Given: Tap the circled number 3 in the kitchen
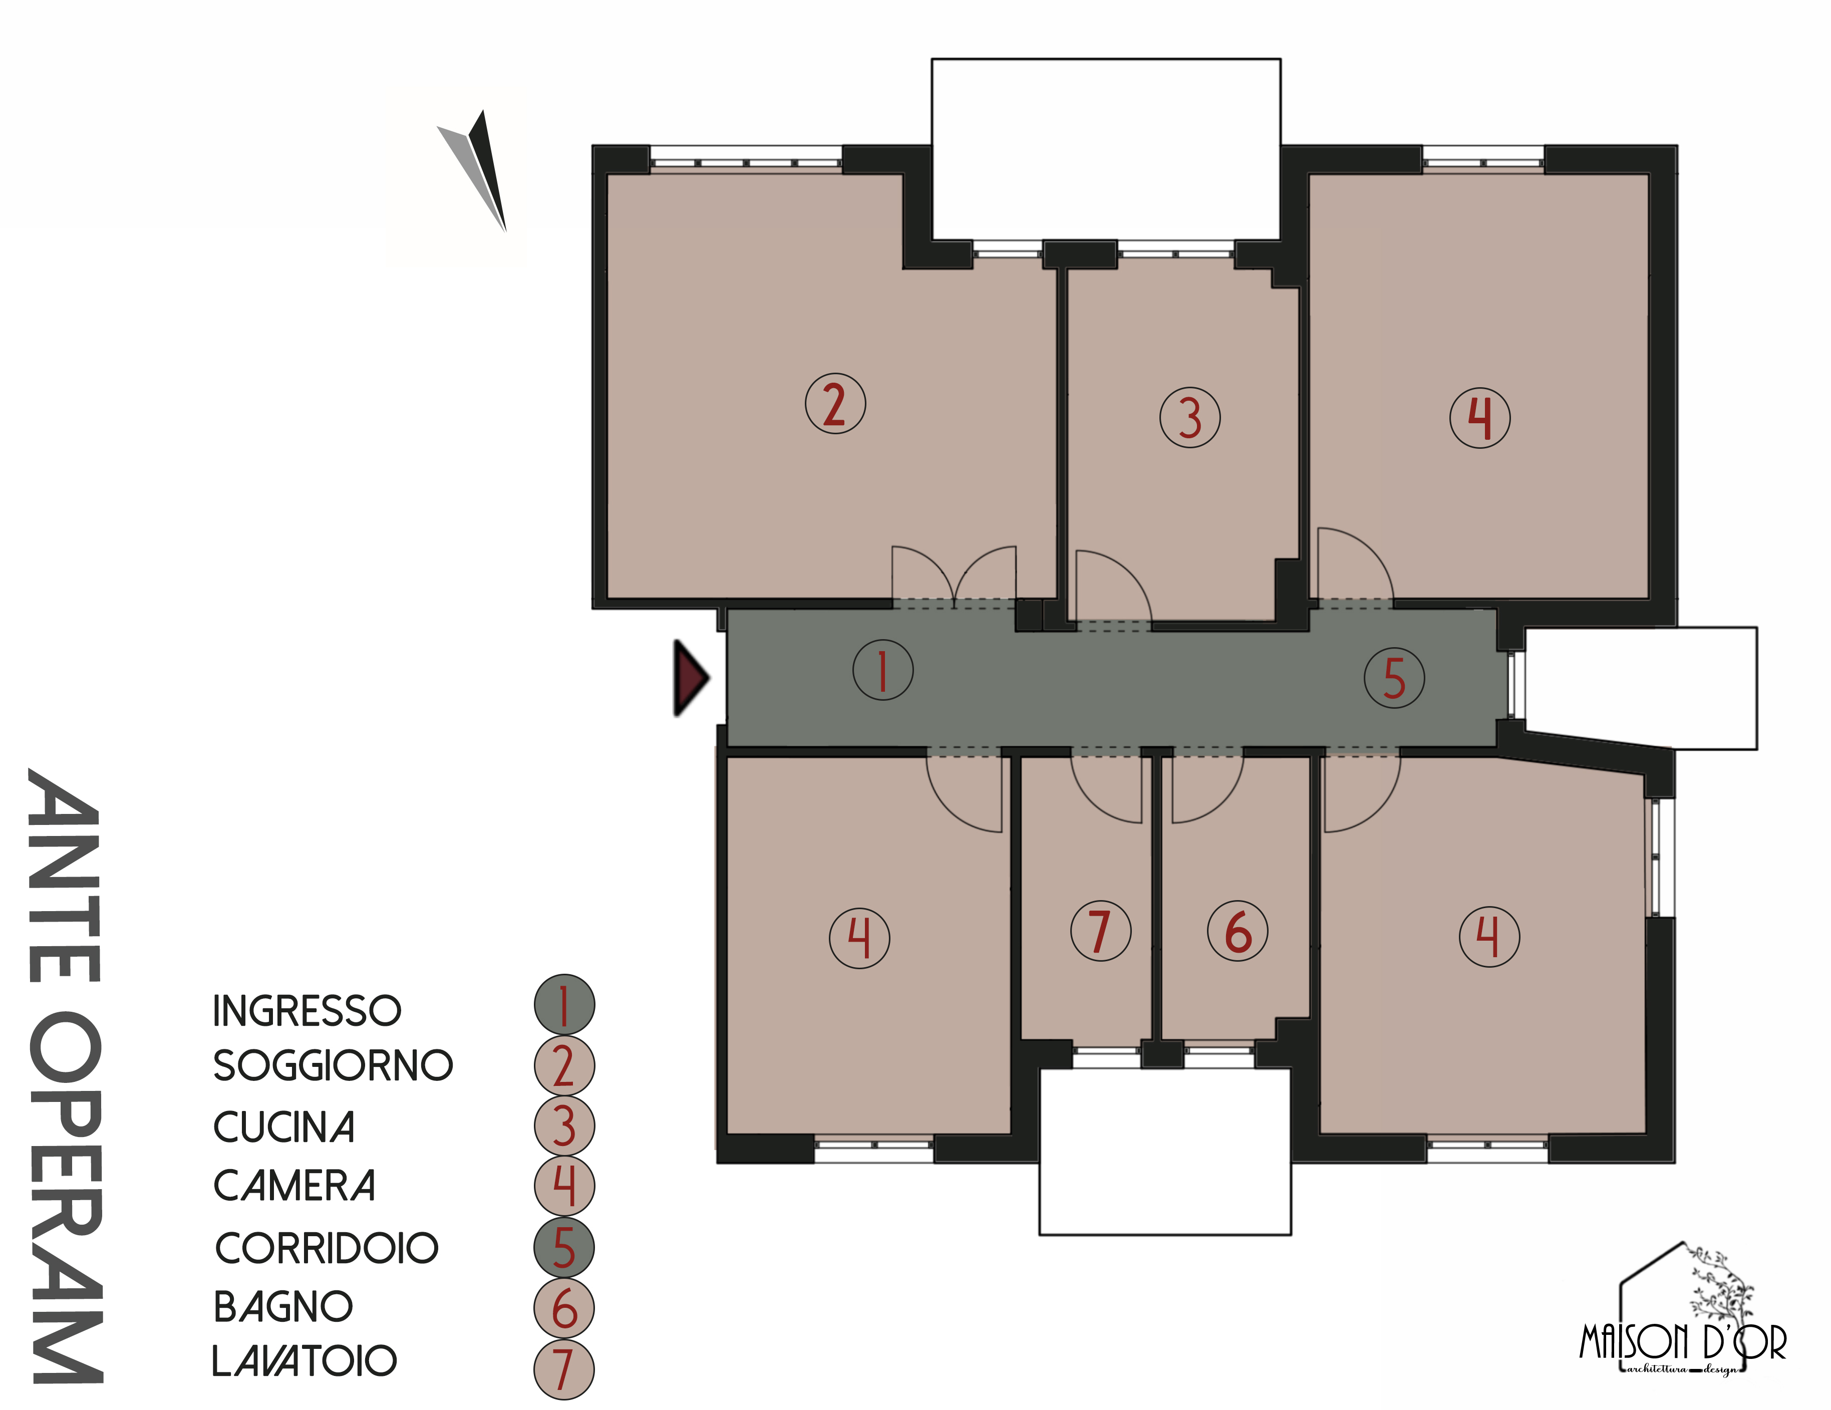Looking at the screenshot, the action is click(1189, 417).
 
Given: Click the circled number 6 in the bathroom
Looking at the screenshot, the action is click(1238, 931).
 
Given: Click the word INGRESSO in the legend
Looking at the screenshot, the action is click(307, 1010).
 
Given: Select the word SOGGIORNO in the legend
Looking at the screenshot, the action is click(333, 1065).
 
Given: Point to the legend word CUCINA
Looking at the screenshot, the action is click(284, 1126).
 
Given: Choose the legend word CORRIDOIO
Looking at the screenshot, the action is click(327, 1248).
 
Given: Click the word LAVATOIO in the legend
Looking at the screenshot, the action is click(304, 1360).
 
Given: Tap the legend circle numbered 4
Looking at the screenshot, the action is click(564, 1186).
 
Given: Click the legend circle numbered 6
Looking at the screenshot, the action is click(564, 1308).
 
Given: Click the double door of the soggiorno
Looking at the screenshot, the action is click(954, 576).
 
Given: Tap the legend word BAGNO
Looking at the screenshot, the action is click(283, 1306).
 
